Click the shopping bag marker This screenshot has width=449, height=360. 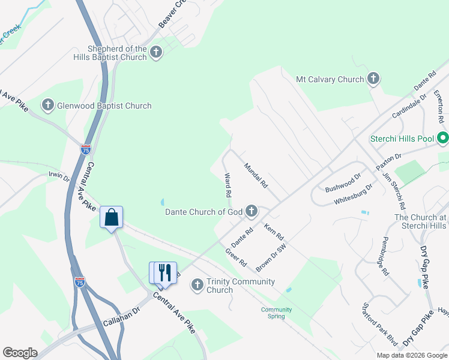coord(112,217)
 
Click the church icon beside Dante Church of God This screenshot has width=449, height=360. coord(252,211)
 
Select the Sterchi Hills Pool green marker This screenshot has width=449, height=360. coord(443,139)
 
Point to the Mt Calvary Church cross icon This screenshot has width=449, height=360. coord(373,79)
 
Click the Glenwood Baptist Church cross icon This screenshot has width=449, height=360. coord(48,106)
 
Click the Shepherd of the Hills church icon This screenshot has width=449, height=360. coord(156,52)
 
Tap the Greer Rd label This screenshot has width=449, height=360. coord(236,259)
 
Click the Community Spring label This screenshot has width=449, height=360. coord(276,313)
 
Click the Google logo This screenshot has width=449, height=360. coord(20,353)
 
